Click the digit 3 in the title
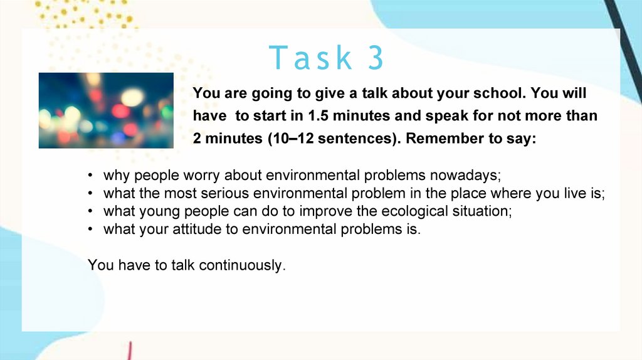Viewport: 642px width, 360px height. click(x=376, y=57)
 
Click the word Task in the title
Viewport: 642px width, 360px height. click(x=310, y=57)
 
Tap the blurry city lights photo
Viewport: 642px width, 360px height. click(x=106, y=110)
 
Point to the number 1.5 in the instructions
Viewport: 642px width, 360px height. click(x=318, y=115)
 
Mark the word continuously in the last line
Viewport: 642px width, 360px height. click(x=242, y=265)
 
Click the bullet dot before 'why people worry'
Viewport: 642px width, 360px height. click(x=90, y=175)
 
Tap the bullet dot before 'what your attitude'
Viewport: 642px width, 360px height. click(x=90, y=229)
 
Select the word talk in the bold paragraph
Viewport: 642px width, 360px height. click(x=375, y=93)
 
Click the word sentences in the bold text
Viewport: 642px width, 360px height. click(x=357, y=138)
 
